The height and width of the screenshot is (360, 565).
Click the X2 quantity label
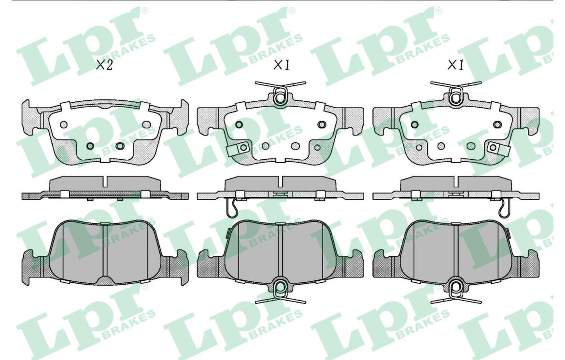coord(104,65)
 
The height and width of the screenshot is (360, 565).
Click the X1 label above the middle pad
coord(282,65)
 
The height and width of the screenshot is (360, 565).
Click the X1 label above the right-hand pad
coord(455,65)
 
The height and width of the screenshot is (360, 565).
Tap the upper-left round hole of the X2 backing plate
coord(64,125)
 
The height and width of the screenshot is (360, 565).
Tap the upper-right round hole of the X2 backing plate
coord(146,125)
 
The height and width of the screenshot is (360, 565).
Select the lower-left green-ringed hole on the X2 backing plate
coord(90,146)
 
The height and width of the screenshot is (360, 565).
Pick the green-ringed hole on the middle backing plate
coord(239,125)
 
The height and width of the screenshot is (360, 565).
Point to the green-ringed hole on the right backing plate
coord(415,125)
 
